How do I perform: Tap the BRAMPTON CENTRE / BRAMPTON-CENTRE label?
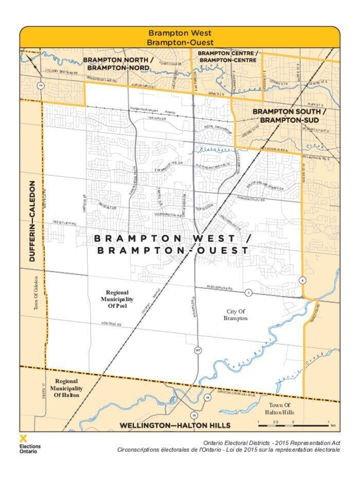227,57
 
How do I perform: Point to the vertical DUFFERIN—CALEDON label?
32,221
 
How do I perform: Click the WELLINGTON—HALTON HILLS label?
175,426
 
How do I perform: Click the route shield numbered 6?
303,280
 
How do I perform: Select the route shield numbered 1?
248,292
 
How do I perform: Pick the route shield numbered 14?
40,84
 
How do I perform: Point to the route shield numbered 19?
207,397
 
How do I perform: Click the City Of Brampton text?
236,315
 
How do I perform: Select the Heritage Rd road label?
111,324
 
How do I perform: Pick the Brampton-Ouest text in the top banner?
179,42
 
